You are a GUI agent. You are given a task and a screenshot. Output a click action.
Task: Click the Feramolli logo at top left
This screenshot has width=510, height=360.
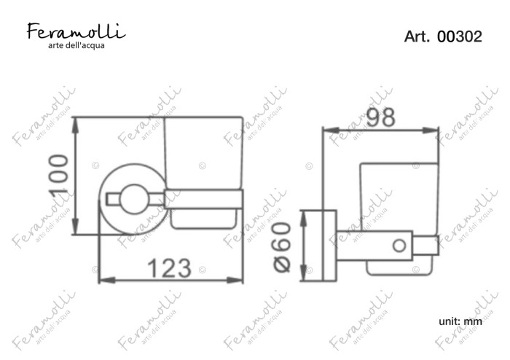point(76,31)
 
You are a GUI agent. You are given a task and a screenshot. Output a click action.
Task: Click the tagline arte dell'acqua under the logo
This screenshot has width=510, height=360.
point(76,46)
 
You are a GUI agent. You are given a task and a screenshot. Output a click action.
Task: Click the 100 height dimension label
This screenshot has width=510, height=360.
point(60,175)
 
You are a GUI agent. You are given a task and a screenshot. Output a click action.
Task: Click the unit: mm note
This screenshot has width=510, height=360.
point(460,321)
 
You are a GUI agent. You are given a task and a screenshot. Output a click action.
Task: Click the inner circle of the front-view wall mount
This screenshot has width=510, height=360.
point(134,199)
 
